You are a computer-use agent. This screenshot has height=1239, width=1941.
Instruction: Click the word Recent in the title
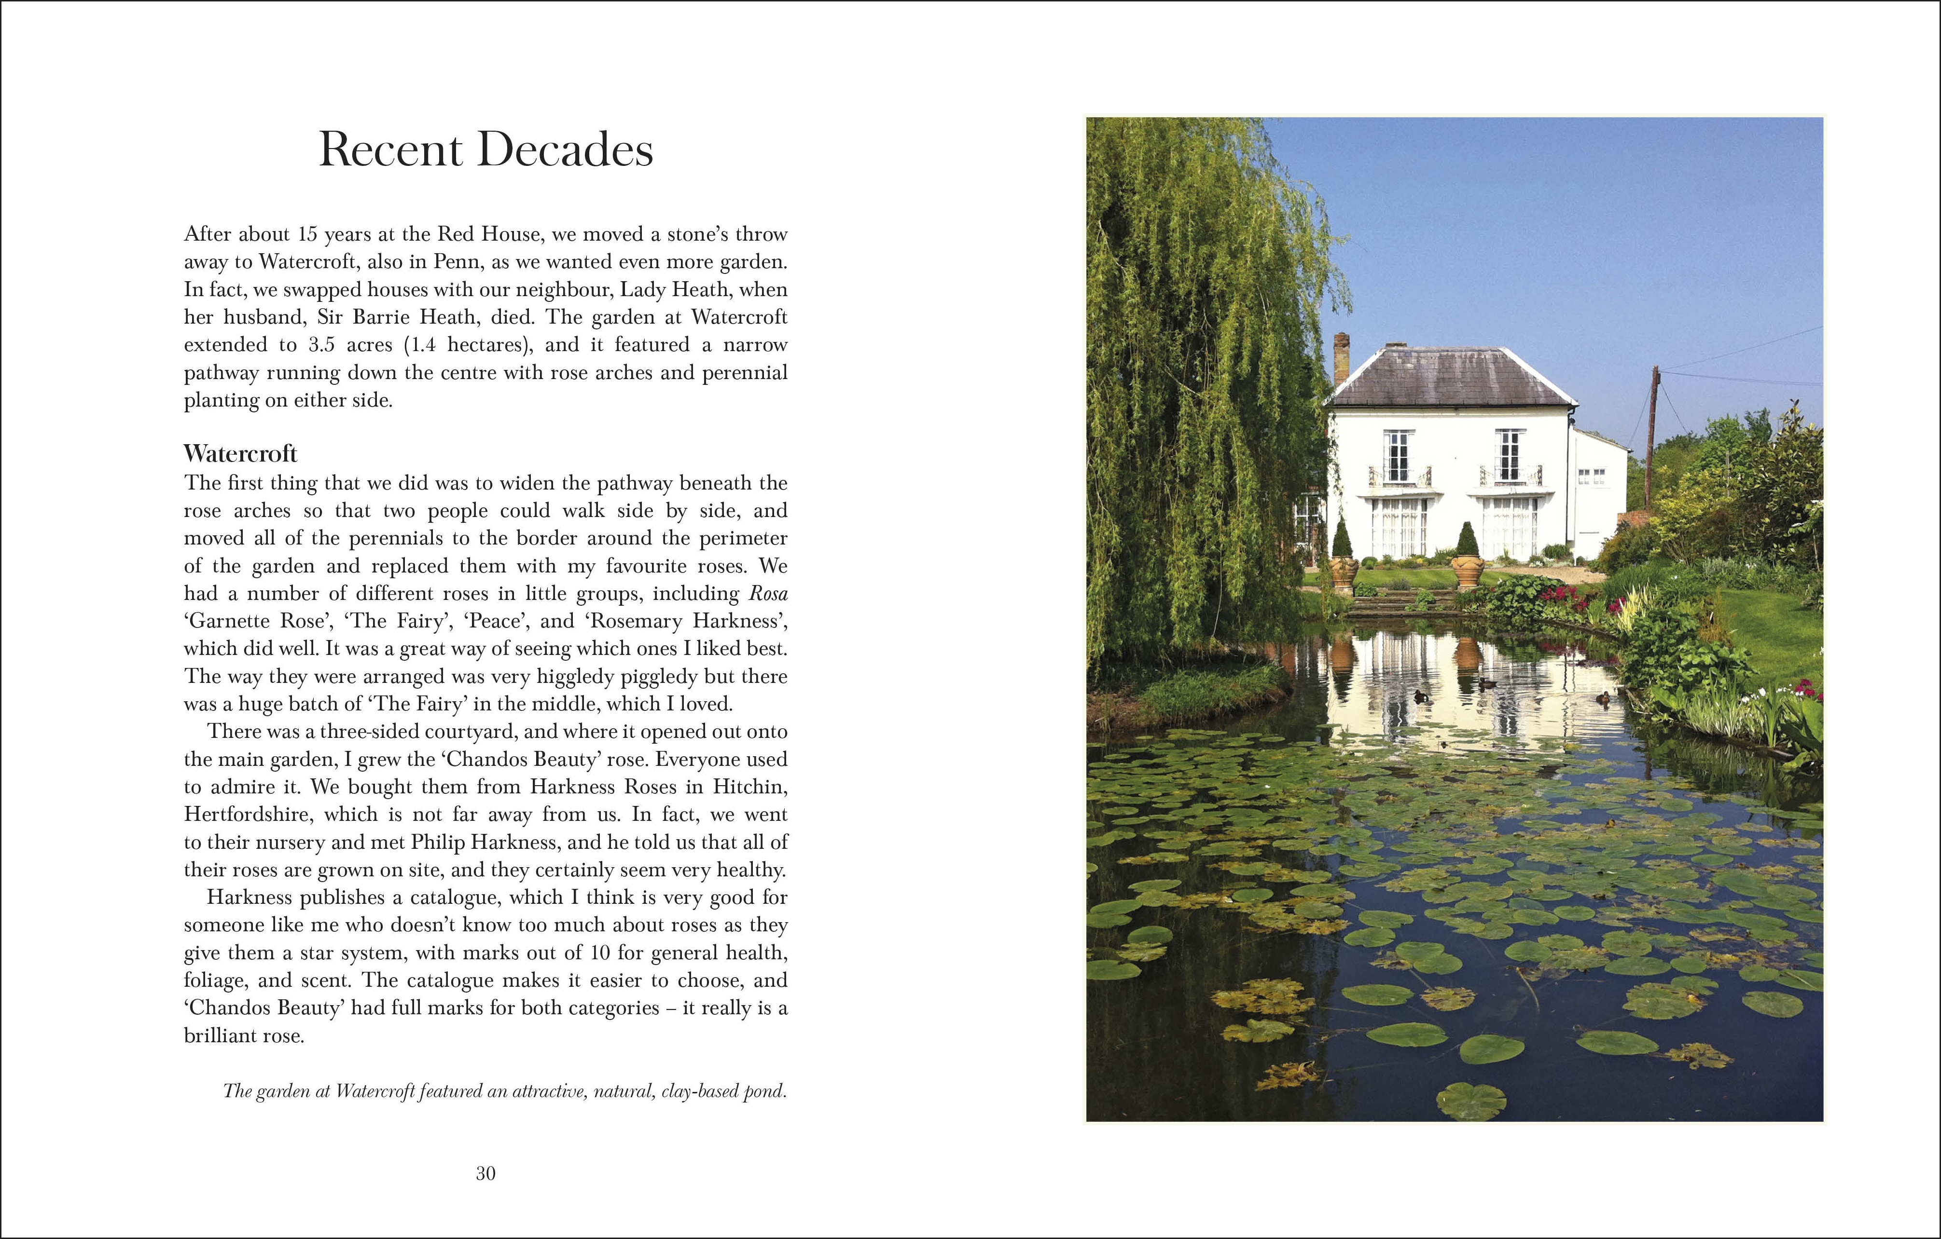pos(390,150)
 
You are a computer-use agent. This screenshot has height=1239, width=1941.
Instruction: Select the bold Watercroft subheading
pos(240,453)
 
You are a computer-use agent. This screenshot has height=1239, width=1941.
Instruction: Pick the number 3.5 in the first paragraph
pos(321,345)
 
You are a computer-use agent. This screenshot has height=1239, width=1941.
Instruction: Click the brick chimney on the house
pos(1341,358)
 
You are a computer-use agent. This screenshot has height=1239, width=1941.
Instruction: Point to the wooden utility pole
pos(1651,435)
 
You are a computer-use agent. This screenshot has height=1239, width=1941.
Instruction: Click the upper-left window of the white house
pos(1398,456)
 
